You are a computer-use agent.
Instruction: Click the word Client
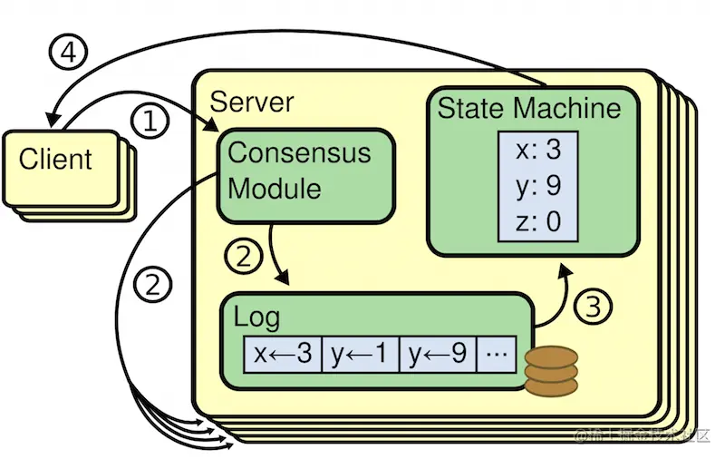click(55, 160)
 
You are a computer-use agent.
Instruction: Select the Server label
click(251, 101)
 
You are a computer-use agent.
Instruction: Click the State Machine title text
click(529, 109)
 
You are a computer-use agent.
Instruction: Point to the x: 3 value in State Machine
click(538, 151)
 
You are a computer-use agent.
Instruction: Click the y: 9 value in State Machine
click(538, 185)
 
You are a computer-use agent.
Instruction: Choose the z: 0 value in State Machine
click(538, 220)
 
